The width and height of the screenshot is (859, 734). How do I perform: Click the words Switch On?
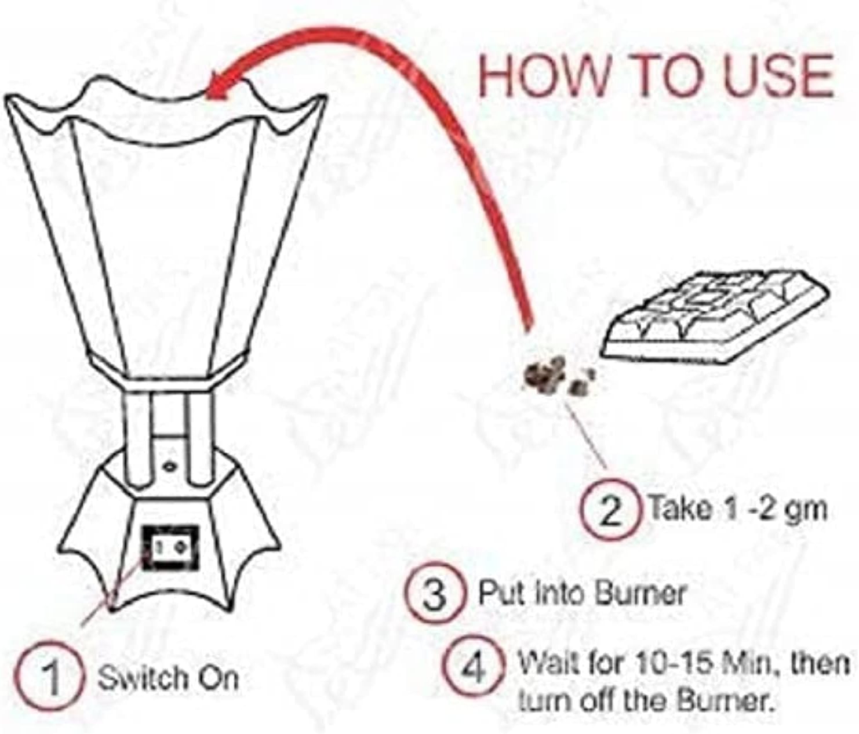168,678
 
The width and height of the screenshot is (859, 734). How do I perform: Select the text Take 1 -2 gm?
737,508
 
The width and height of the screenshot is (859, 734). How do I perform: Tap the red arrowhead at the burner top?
223,85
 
